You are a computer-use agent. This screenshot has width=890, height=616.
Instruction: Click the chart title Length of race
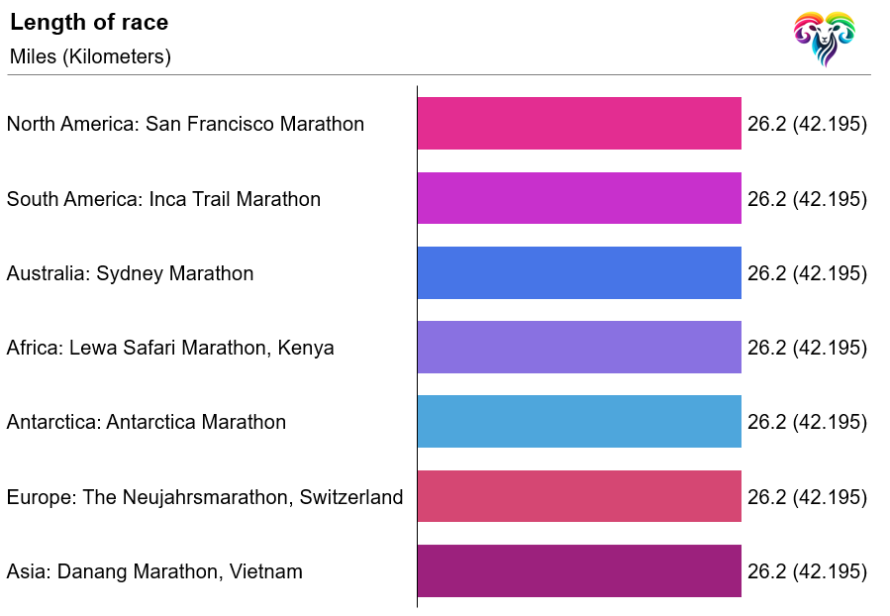point(89,23)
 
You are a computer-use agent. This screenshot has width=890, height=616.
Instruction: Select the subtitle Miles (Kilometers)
point(90,56)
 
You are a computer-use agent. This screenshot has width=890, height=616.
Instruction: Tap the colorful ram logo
point(824,38)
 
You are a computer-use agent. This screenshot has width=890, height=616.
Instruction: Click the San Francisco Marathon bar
point(579,124)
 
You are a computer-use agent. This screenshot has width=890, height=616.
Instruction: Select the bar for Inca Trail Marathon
point(579,198)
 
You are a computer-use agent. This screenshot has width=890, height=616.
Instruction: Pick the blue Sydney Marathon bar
point(579,273)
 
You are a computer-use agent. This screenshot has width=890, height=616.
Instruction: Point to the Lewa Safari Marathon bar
point(579,348)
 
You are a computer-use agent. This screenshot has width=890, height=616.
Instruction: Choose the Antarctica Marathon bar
point(579,422)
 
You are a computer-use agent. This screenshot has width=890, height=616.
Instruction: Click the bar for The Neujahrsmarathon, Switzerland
point(579,496)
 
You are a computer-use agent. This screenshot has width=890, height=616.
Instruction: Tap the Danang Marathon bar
point(579,571)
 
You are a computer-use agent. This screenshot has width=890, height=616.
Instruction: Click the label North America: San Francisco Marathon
point(185,124)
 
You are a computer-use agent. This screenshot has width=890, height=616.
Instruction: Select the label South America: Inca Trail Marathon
point(163,199)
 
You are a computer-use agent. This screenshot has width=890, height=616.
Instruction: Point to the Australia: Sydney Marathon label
point(130,273)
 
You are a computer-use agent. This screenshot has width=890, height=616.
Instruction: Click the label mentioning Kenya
point(170,348)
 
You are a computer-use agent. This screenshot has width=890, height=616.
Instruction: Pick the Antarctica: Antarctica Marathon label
point(146,422)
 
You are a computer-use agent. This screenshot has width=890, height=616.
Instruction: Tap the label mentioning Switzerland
point(205,497)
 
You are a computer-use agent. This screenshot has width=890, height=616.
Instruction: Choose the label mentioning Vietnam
point(154,571)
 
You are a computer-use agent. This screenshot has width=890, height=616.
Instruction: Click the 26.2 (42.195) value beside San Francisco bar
point(807,124)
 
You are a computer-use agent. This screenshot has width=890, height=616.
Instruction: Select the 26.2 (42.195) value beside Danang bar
point(807,571)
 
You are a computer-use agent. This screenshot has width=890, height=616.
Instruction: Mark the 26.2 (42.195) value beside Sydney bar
point(807,273)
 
